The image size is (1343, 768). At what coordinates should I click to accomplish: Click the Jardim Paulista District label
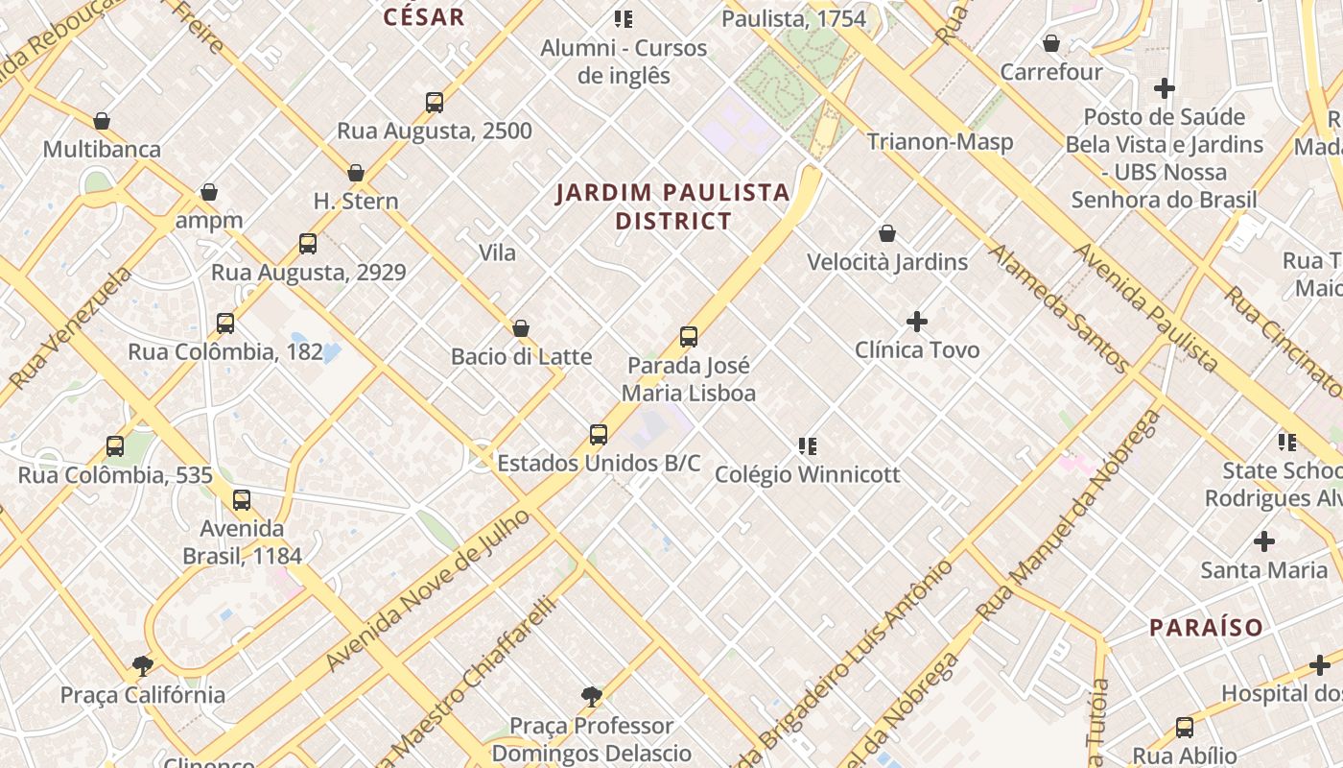[x=673, y=206]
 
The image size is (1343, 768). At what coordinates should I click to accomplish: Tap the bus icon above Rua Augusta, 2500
[x=435, y=103]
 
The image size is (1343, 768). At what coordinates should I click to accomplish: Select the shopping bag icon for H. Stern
[x=356, y=174]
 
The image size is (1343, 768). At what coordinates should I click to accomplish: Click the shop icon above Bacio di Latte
[x=521, y=329]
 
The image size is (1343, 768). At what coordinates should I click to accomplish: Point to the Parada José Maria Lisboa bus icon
[x=689, y=337]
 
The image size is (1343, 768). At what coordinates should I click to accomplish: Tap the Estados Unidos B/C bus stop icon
[x=599, y=435]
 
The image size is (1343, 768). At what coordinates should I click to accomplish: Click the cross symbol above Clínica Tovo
[x=917, y=322]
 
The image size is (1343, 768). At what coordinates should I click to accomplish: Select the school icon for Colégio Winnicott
[x=808, y=446]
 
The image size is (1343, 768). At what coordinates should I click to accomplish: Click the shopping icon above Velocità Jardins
[x=887, y=233]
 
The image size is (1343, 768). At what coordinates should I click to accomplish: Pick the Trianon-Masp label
[x=939, y=142]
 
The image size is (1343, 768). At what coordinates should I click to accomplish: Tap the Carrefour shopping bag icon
[x=1051, y=44]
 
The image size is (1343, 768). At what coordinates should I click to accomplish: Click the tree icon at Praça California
[x=143, y=666]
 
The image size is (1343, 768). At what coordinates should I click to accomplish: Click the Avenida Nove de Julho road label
[x=427, y=591]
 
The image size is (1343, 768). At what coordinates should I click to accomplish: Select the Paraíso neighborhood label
[x=1206, y=628]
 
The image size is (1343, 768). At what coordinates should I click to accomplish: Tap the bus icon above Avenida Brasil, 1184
[x=242, y=500]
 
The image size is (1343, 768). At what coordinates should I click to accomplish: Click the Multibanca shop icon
[x=102, y=122]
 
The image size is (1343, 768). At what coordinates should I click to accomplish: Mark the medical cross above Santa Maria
[x=1264, y=541]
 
